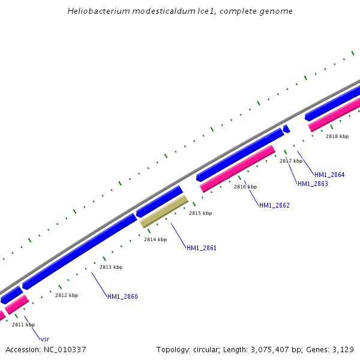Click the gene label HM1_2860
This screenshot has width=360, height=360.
122,296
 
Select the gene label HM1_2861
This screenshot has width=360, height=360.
202,248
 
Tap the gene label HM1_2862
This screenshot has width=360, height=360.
274,205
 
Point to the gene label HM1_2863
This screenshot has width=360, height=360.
313,184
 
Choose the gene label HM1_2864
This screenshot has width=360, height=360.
329,175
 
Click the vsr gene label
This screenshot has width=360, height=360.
44,339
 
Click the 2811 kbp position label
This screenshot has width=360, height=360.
23,325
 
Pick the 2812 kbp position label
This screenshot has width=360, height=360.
67,295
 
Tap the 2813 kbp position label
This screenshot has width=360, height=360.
111,267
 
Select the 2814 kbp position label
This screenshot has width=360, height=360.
155,239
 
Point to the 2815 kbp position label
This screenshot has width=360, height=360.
200,213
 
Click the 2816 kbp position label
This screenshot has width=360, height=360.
245,187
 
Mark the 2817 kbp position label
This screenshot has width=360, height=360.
291,161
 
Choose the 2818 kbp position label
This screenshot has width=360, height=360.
337,136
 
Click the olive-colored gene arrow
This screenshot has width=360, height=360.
164,211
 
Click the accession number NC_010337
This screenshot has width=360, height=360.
65,349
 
